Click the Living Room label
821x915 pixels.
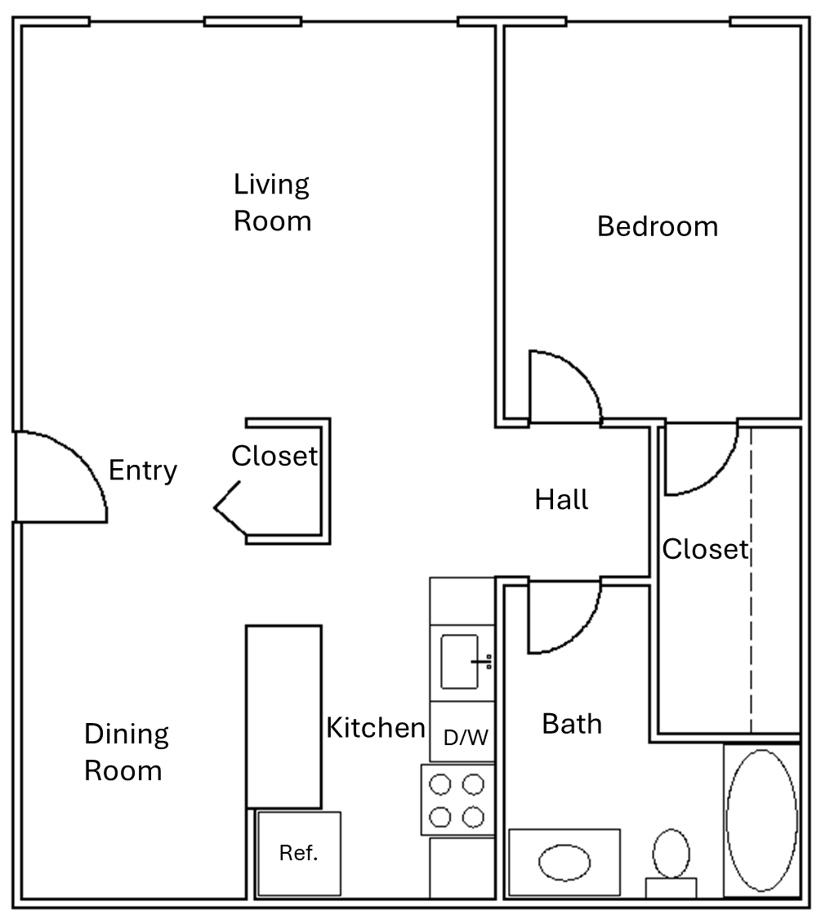point(273,203)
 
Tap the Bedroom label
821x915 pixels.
point(658,226)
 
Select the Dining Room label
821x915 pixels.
point(127,752)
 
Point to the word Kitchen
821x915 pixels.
point(376,728)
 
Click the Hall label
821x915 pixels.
point(561,499)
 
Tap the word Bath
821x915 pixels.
point(572,724)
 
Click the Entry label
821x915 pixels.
point(143,471)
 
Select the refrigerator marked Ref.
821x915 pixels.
point(299,853)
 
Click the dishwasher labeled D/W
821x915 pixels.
point(462,732)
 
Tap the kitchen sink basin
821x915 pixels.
point(459,662)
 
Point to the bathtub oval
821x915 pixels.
point(761,820)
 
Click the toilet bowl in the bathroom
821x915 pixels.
point(671,853)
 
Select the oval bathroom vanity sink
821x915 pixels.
point(564,863)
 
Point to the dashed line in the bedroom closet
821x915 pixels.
point(751,579)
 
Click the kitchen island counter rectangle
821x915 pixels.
point(283,716)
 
